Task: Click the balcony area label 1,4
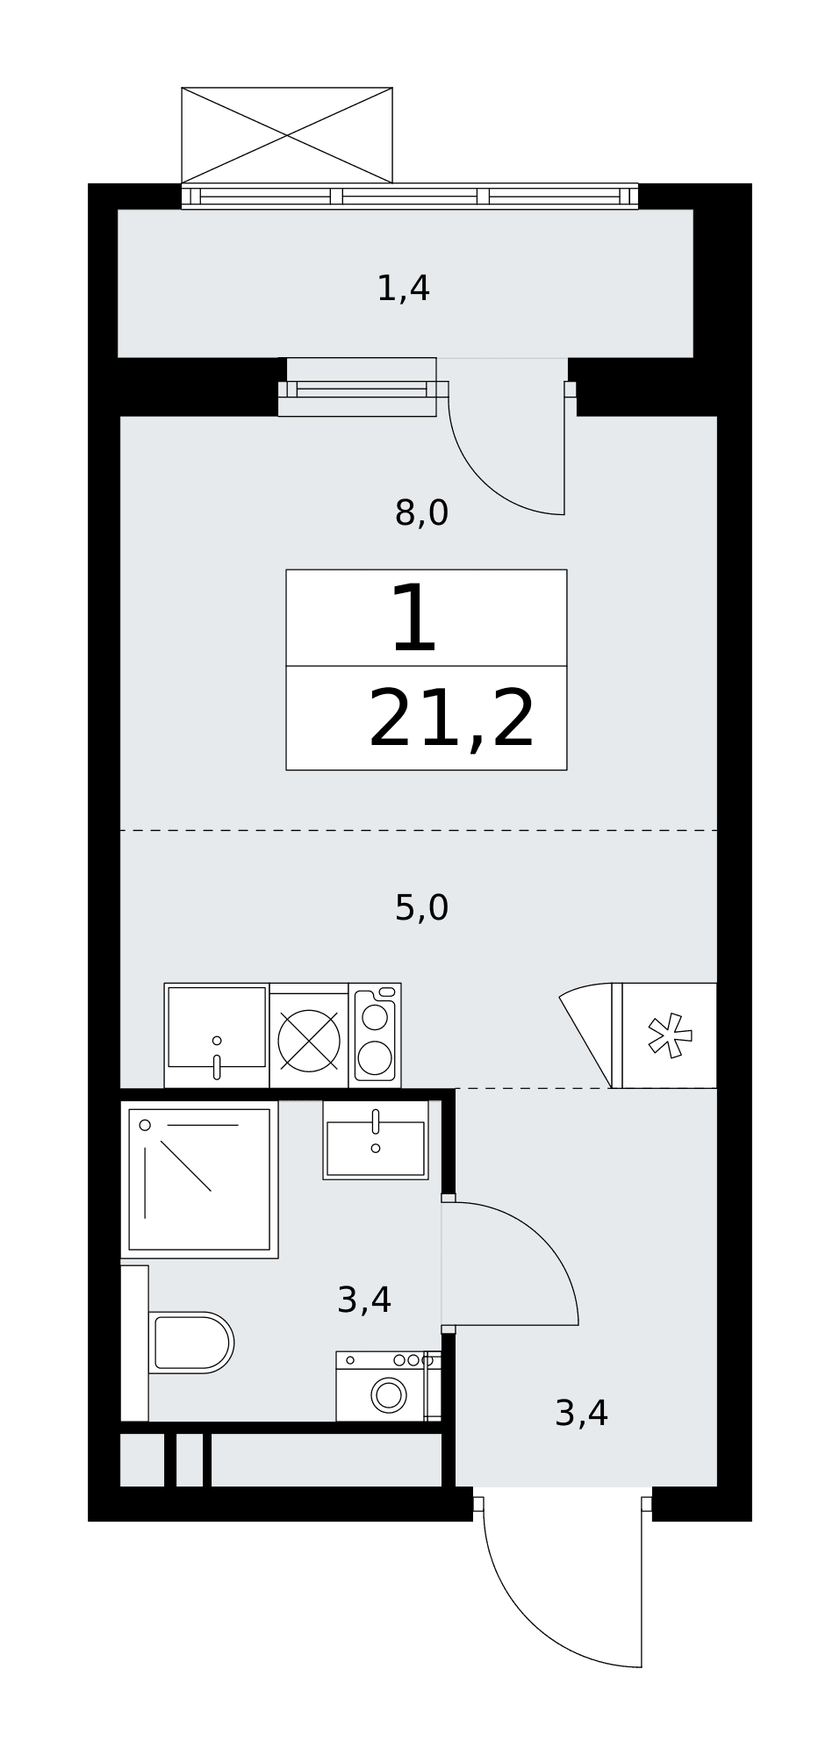[403, 289]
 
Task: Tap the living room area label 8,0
[421, 512]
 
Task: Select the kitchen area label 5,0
[421, 907]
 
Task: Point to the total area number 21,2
[451, 720]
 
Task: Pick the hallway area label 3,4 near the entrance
[581, 1413]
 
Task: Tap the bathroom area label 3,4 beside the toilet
[363, 1300]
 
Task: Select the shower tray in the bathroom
[199, 1179]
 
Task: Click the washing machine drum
[389, 1395]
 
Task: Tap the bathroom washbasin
[376, 1141]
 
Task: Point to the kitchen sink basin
[217, 1028]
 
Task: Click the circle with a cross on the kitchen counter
[309, 1041]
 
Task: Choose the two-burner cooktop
[375, 1035]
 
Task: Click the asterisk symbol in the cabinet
[670, 1035]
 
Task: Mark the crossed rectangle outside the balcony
[287, 135]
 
